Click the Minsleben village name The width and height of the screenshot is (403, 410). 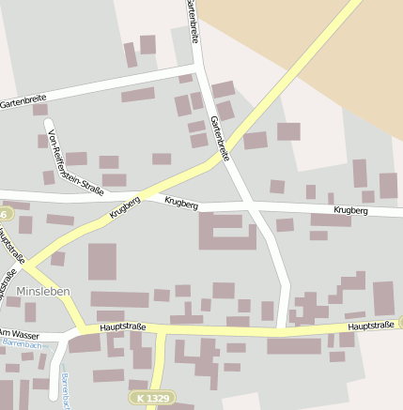click(x=43, y=291)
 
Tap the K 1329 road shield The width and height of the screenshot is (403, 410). click(x=151, y=399)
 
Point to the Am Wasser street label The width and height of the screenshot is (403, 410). click(x=17, y=333)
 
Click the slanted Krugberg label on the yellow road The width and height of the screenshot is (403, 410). click(x=124, y=206)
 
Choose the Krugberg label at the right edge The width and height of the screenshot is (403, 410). click(x=350, y=211)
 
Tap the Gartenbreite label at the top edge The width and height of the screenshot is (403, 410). click(x=193, y=19)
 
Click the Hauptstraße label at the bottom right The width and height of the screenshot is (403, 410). click(x=370, y=326)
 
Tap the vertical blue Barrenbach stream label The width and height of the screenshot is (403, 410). click(x=66, y=389)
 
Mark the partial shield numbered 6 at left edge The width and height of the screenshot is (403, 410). click(x=3, y=215)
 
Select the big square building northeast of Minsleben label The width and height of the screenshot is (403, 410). click(x=102, y=262)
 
